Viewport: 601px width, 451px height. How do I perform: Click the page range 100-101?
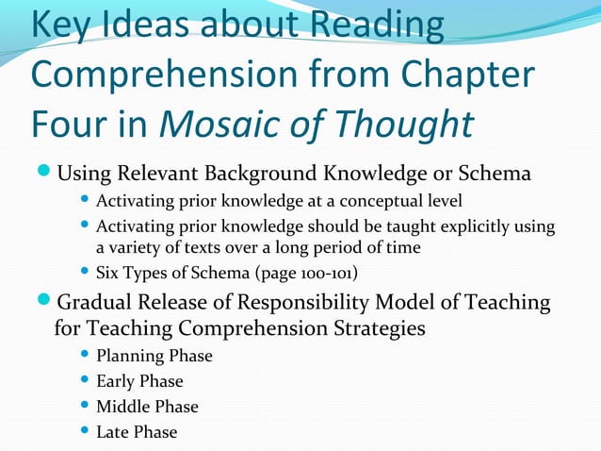click(x=337, y=274)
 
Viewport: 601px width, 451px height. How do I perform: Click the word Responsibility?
click(x=312, y=303)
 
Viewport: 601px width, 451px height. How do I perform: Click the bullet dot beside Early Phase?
click(x=84, y=381)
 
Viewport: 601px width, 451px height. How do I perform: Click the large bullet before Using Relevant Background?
click(x=44, y=175)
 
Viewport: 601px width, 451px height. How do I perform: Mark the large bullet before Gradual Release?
click(x=44, y=303)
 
